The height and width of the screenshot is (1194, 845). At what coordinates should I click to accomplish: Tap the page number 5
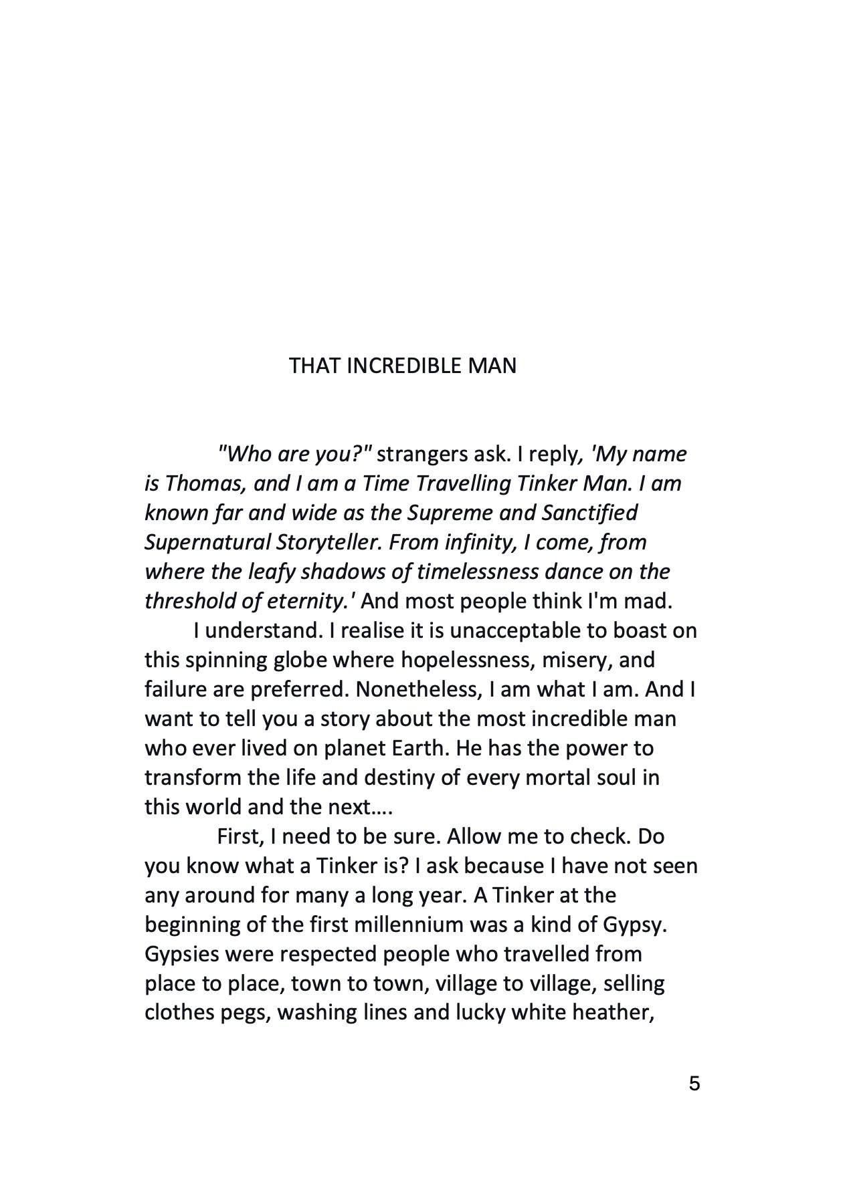pos(694,1083)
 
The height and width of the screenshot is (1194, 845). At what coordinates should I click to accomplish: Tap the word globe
pos(300,660)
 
